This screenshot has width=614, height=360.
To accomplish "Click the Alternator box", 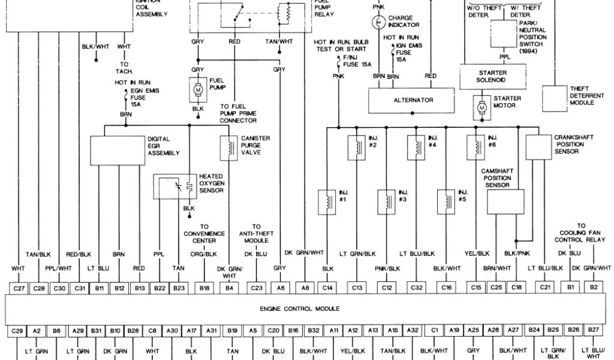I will click(413, 100).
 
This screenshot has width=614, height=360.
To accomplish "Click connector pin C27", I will click(19, 288).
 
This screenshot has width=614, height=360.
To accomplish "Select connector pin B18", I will click(204, 288).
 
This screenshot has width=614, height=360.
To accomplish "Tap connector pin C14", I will click(328, 288).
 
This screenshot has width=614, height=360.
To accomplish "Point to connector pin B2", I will click(593, 288).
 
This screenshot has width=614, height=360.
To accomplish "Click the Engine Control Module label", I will click(300, 308).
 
